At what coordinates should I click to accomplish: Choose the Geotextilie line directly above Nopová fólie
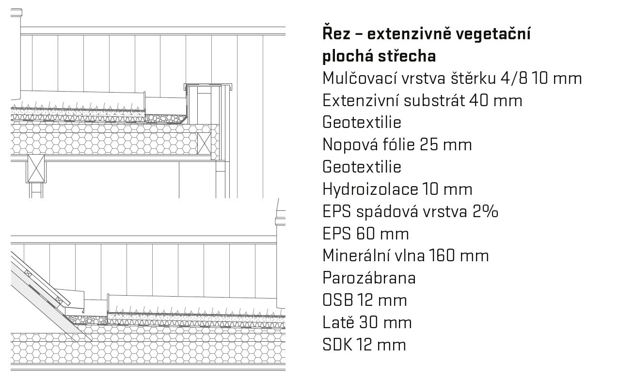click(362, 123)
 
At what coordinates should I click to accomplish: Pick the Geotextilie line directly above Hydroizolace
click(362, 167)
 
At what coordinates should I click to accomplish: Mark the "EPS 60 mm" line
click(365, 234)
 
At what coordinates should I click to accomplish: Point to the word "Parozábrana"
click(369, 278)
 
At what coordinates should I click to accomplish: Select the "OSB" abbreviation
click(338, 301)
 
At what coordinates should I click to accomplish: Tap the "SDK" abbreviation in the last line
click(337, 345)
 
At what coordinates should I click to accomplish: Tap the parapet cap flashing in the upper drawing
click(208, 86)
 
